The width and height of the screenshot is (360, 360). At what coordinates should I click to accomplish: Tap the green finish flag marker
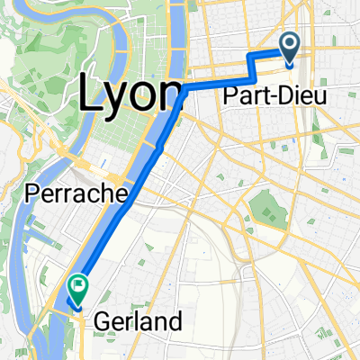pyautogui.click(x=78, y=287)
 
